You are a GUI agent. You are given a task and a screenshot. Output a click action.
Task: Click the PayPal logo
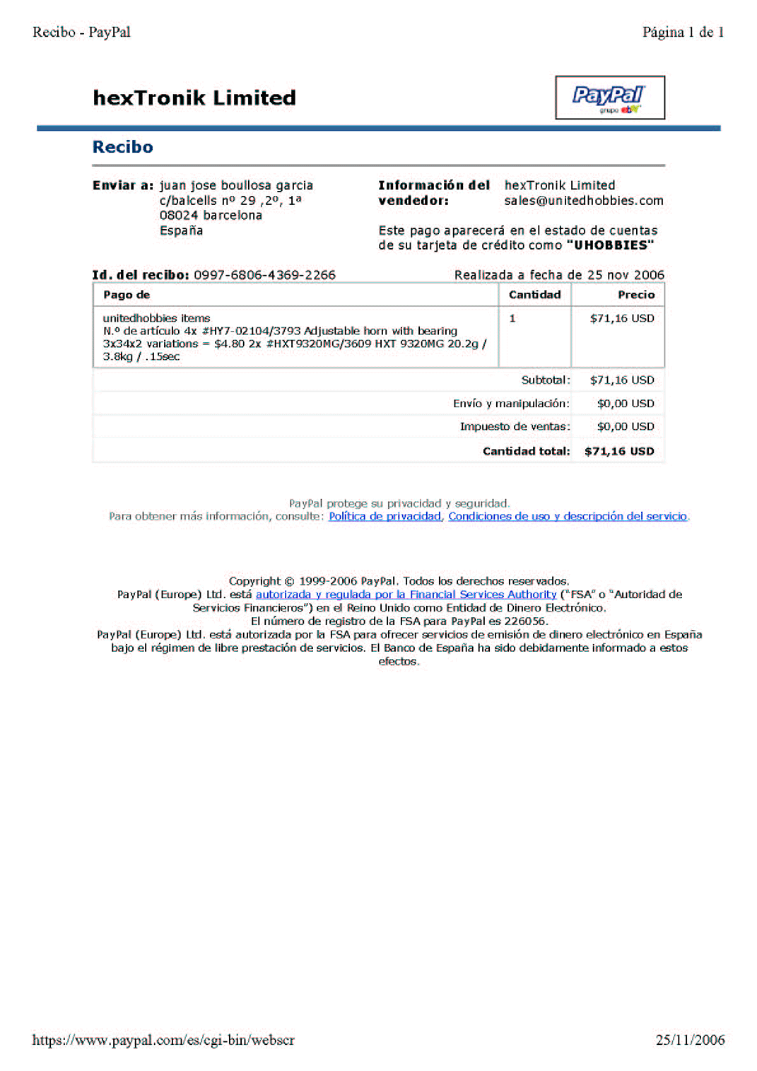609,97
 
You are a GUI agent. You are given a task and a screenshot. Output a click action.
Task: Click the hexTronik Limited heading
194,98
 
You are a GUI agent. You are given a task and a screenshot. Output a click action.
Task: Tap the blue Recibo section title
122,147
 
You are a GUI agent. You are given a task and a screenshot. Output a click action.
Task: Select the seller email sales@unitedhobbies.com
583,201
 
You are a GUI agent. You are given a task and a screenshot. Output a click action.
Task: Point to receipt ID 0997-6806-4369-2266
264,275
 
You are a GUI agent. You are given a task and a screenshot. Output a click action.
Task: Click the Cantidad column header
534,295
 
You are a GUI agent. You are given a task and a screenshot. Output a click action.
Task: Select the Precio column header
635,295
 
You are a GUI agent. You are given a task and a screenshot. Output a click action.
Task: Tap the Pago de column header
127,295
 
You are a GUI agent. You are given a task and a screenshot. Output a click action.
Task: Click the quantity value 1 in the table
512,319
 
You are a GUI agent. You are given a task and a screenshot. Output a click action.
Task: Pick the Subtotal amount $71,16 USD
621,380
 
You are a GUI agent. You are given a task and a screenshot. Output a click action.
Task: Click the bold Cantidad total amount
618,452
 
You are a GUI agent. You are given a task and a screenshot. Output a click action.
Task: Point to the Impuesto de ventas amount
625,427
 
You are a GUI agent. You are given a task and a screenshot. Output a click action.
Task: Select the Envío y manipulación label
511,404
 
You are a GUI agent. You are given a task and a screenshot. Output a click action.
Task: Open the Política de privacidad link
385,517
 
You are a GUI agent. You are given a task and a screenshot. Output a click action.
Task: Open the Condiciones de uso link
568,517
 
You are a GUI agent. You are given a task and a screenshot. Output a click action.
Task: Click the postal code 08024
178,216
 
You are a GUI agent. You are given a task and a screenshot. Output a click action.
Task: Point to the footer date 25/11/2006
690,1040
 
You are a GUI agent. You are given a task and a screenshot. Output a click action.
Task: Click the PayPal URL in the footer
163,1040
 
